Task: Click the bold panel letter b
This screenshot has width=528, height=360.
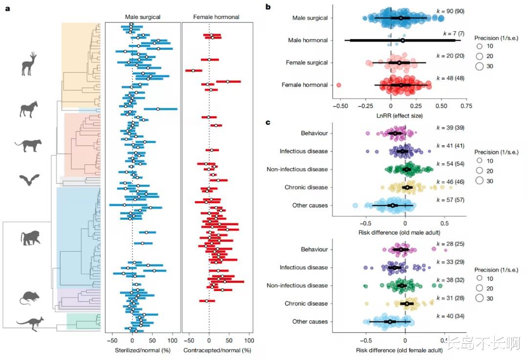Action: point(267,7)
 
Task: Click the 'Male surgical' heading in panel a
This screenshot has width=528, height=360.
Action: point(143,17)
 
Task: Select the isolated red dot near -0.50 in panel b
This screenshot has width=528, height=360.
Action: point(339,85)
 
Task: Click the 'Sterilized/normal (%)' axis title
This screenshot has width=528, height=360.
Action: point(143,350)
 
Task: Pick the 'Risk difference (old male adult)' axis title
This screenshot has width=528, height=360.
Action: point(399,233)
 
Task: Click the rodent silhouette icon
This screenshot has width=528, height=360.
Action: point(29,297)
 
